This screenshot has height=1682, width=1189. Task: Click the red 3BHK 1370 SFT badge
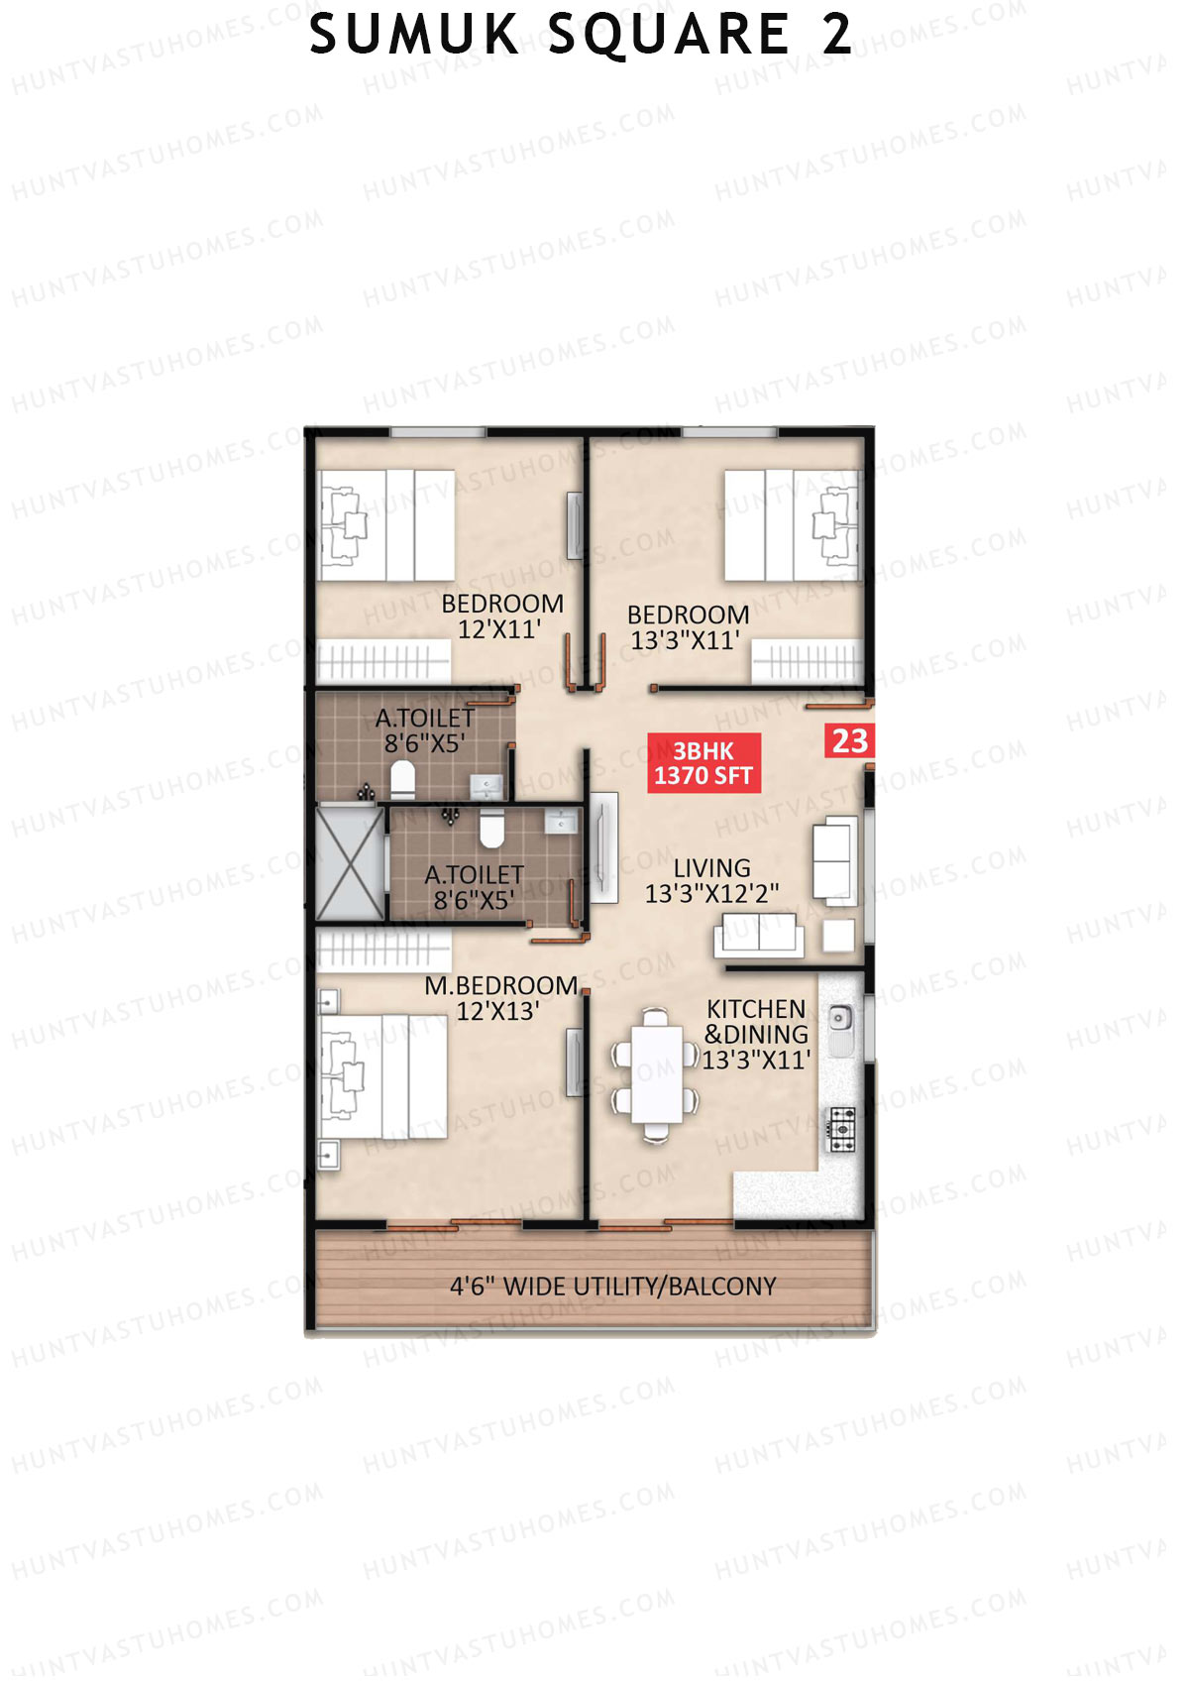[x=703, y=763]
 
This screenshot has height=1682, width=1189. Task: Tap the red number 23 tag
[x=849, y=741]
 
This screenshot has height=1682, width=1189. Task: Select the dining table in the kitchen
[x=656, y=1073]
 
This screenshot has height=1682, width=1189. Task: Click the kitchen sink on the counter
[x=840, y=1018]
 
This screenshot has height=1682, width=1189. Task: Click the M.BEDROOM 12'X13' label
[x=500, y=998]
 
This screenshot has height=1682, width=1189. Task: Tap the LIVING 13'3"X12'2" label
[x=711, y=881]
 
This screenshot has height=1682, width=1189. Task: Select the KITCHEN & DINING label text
[x=756, y=1034]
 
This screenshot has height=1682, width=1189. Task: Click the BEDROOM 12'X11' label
[x=501, y=616]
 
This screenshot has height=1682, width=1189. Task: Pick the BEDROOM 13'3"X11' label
[x=688, y=627]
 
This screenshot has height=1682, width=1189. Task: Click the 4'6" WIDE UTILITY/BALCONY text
[x=612, y=1287]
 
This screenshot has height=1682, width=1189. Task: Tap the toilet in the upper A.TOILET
[x=401, y=781]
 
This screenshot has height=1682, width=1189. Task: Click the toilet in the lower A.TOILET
[x=490, y=830]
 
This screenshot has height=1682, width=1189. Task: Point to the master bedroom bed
[x=381, y=1075]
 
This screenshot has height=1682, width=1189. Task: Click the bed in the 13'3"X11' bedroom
[x=791, y=525]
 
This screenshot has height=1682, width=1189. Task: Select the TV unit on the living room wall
[x=603, y=847]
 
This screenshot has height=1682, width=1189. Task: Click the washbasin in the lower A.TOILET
[x=561, y=822]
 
